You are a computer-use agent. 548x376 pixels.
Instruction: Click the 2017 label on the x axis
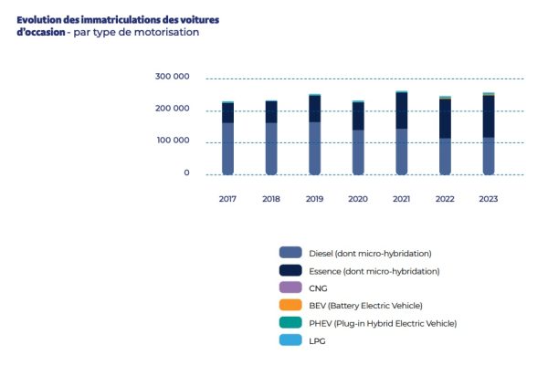pyautogui.click(x=227, y=198)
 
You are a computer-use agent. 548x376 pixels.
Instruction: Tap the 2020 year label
pyautogui.click(x=357, y=198)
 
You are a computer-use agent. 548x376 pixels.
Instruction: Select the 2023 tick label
pyautogui.click(x=489, y=198)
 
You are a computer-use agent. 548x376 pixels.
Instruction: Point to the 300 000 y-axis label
pyautogui.click(x=173, y=77)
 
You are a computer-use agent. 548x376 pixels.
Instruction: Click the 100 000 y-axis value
pyautogui.click(x=173, y=141)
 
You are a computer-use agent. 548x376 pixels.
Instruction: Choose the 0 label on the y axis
pyautogui.click(x=186, y=172)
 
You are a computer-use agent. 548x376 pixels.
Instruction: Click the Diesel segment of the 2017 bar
pyautogui.click(x=227, y=148)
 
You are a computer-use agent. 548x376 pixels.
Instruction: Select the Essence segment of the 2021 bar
pyautogui.click(x=401, y=110)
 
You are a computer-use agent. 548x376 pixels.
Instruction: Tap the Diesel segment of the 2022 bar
pyautogui.click(x=445, y=155)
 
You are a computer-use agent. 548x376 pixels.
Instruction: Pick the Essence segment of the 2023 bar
pyautogui.click(x=489, y=116)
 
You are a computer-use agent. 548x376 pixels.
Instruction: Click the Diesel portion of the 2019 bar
pyautogui.click(x=314, y=147)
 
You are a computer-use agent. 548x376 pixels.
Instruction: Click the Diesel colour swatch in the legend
pyautogui.click(x=291, y=253)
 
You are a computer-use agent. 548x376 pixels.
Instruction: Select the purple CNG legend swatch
pyautogui.click(x=291, y=287)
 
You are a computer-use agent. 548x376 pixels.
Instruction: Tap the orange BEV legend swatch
pyautogui.click(x=291, y=305)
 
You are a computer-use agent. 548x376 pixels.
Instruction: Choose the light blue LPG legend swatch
pyautogui.click(x=291, y=340)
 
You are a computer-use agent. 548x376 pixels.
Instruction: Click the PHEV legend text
pyautogui.click(x=385, y=323)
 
